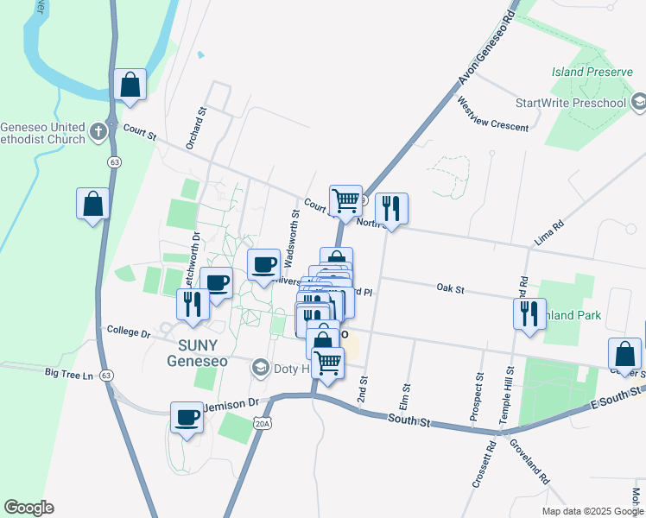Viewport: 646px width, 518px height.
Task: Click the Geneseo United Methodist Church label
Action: click(43, 132)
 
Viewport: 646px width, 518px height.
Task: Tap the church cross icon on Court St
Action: click(98, 132)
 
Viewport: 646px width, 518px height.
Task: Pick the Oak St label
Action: click(450, 288)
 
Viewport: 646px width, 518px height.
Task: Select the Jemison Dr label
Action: click(231, 404)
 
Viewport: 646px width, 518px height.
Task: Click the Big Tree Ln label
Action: click(69, 375)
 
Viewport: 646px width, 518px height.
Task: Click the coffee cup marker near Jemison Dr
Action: click(187, 418)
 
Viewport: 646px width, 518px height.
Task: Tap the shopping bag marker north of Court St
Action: click(130, 85)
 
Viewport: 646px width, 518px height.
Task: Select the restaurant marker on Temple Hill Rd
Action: click(529, 313)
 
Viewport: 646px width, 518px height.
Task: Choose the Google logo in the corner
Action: click(28, 508)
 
